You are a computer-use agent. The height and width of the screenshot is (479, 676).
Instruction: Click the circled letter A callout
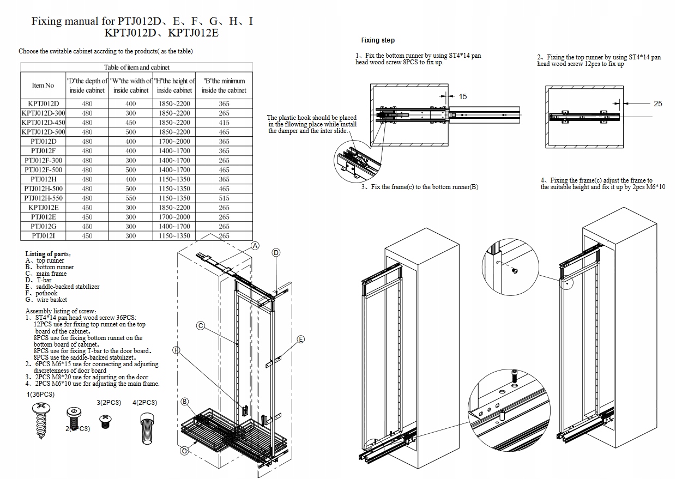pyautogui.click(x=255, y=245)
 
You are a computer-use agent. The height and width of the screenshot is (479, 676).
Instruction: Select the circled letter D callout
pyautogui.click(x=276, y=252)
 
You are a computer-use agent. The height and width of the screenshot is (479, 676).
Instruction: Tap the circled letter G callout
pyautogui.click(x=185, y=451)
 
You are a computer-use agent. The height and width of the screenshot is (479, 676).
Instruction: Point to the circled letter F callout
pyautogui.click(x=177, y=350)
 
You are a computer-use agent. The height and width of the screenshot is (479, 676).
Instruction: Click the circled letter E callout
pyautogui.click(x=301, y=339)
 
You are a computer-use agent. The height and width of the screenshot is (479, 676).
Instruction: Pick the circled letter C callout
pyautogui.click(x=200, y=326)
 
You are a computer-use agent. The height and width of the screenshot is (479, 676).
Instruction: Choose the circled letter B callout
pyautogui.click(x=185, y=402)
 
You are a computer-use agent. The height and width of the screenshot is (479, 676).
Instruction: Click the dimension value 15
pyautogui.click(x=463, y=96)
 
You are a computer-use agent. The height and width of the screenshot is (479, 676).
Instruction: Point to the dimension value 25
pyautogui.click(x=658, y=104)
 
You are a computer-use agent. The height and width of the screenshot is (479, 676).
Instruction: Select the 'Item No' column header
pyautogui.click(x=43, y=85)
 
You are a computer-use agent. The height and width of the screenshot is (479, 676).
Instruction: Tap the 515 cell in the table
pyautogui.click(x=224, y=198)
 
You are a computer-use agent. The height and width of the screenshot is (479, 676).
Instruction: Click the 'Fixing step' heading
pyautogui.click(x=378, y=40)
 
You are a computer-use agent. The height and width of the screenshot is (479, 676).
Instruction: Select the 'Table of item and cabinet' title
pyautogui.click(x=137, y=67)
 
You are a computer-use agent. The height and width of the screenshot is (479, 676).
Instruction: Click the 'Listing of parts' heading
pyautogui.click(x=48, y=254)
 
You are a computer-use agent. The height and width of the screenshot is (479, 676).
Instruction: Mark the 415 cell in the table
pyautogui.click(x=224, y=123)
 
